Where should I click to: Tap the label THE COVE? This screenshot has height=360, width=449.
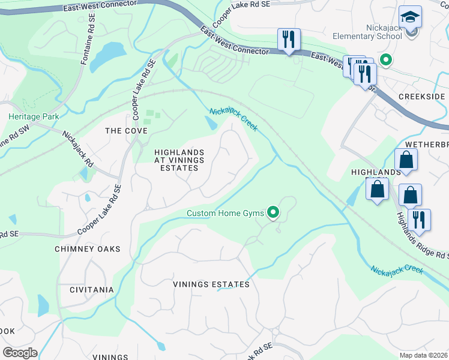pyautogui.click(x=126, y=131)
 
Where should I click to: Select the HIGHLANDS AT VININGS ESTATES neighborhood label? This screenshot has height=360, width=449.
pyautogui.click(x=179, y=160)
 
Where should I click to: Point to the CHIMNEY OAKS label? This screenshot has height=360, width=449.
pyautogui.click(x=88, y=249)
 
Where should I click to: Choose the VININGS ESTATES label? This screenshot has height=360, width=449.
pyautogui.click(x=211, y=284)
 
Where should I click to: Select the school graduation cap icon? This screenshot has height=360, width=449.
pyautogui.click(x=410, y=18)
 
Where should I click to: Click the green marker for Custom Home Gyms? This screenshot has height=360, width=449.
pyautogui.click(x=273, y=212)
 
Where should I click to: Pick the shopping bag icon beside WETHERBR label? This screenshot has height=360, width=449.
pyautogui.click(x=406, y=160)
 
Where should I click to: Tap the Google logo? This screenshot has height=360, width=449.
pyautogui.click(x=20, y=353)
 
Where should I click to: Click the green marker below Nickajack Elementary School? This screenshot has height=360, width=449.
pyautogui.click(x=386, y=60)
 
